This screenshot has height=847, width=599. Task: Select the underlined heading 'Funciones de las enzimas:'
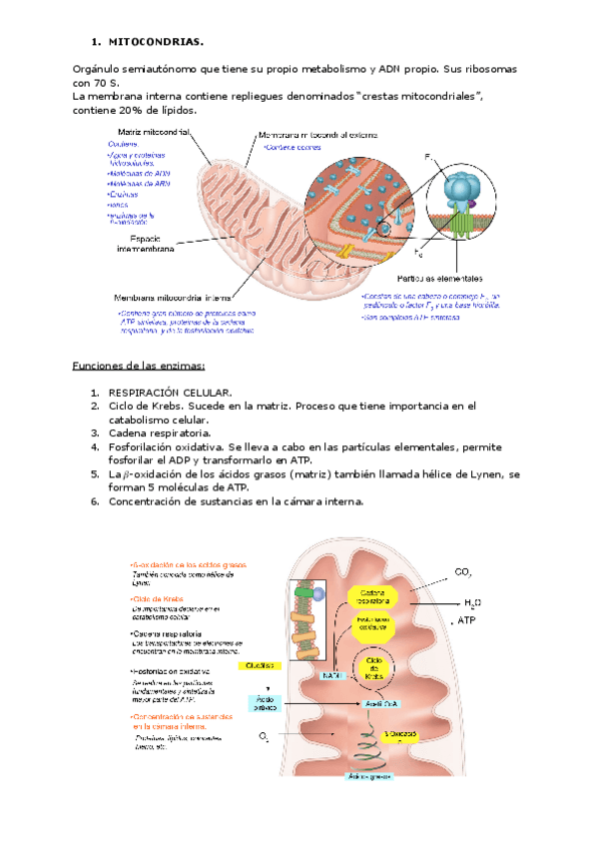pos(138,366)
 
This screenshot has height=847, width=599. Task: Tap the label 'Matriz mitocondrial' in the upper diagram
pos(154,132)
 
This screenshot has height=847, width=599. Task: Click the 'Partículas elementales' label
pos(440,278)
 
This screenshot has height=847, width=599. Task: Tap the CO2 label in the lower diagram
pos(463,573)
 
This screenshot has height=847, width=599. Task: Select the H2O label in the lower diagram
pos(473,602)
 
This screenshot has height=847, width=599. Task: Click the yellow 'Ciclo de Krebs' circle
pos(374,668)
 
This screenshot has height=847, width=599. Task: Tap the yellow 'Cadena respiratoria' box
pos(373,596)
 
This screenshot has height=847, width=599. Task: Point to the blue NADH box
pos(332,675)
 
